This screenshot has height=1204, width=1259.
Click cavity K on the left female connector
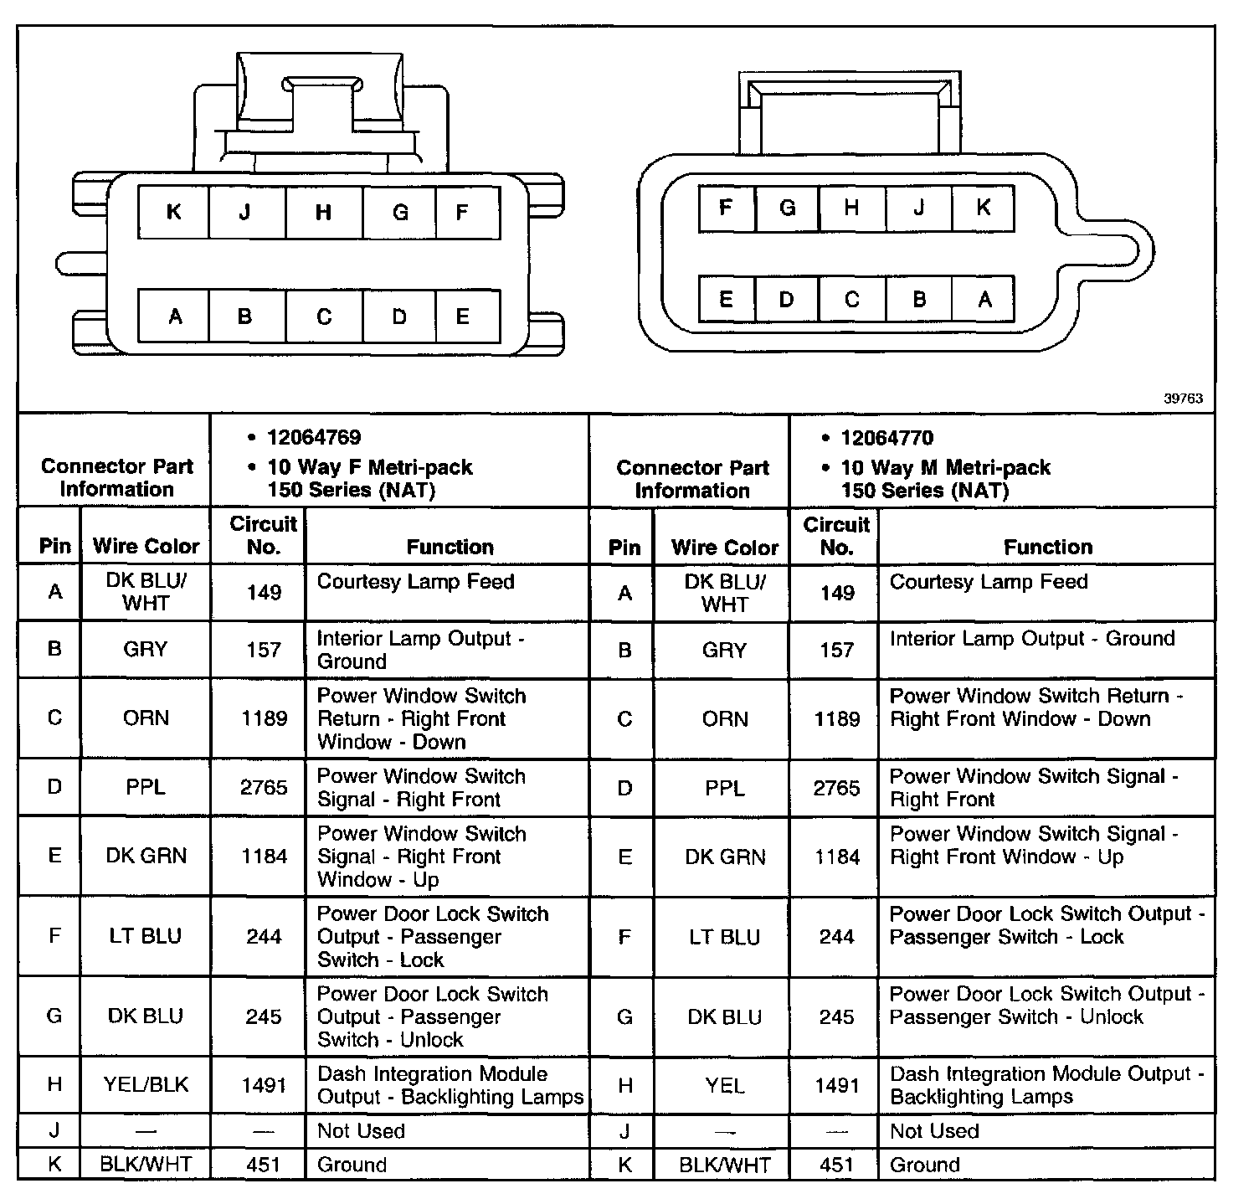[x=174, y=212]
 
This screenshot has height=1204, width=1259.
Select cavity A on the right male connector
[x=984, y=299]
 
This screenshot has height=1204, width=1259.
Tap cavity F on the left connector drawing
[x=462, y=212]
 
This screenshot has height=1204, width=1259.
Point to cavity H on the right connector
[x=851, y=208]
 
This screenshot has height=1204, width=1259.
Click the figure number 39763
[x=1183, y=399]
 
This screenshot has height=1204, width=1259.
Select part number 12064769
[x=314, y=438]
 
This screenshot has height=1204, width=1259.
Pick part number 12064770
[x=886, y=439]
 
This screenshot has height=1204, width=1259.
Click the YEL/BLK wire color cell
[x=146, y=1085]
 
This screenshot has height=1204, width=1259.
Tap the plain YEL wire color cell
[x=724, y=1086]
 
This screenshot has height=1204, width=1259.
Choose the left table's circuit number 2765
[x=264, y=788]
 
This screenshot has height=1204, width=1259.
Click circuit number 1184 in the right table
[x=836, y=857]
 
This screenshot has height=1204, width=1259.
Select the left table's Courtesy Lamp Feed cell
[x=415, y=582]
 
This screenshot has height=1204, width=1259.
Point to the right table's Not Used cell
[x=934, y=1131]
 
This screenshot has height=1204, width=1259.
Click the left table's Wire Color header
[x=146, y=547]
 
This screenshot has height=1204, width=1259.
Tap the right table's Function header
[x=1048, y=547]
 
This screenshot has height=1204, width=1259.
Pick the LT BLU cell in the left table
[x=146, y=936]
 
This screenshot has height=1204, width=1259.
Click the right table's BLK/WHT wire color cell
[x=725, y=1165]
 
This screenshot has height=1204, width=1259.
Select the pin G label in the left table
[x=54, y=1016]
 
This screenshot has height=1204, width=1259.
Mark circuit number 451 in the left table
[x=264, y=1165]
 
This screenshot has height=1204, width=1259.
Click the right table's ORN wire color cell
[x=725, y=718]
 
